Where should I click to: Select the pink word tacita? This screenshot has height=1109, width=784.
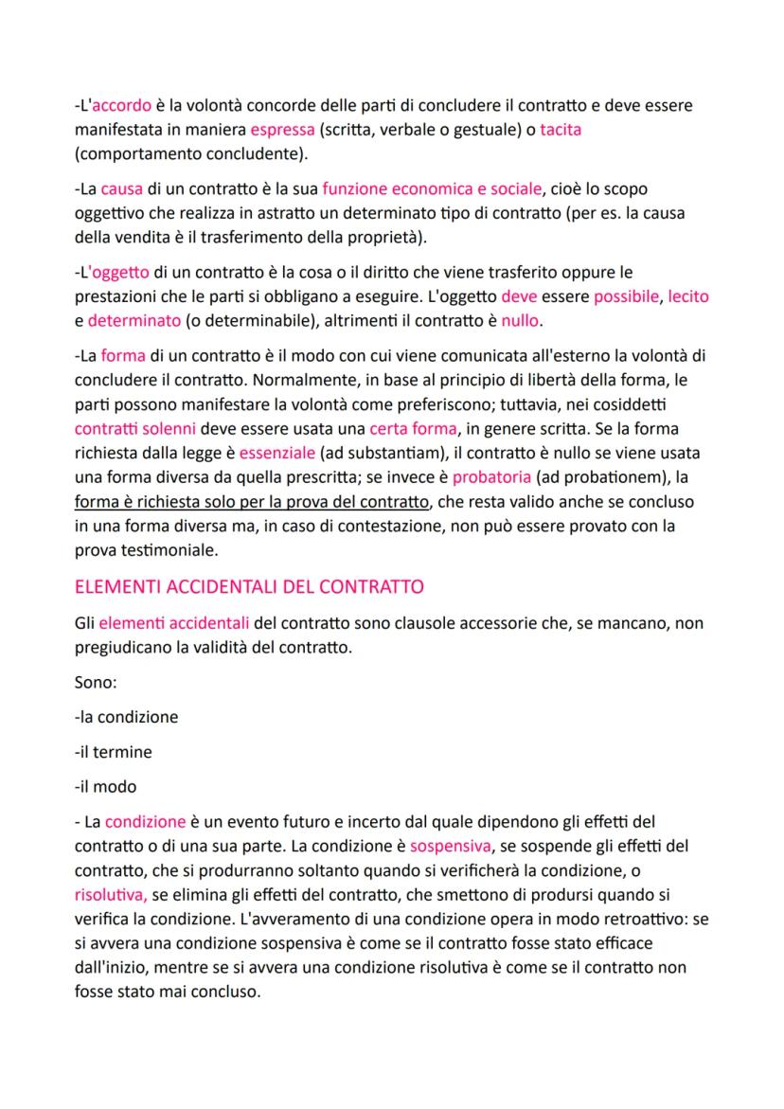click(561, 130)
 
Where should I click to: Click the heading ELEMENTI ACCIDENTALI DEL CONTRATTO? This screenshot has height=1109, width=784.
click(248, 586)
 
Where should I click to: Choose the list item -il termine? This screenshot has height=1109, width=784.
click(113, 752)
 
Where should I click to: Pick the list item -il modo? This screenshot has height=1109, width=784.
click(105, 787)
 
